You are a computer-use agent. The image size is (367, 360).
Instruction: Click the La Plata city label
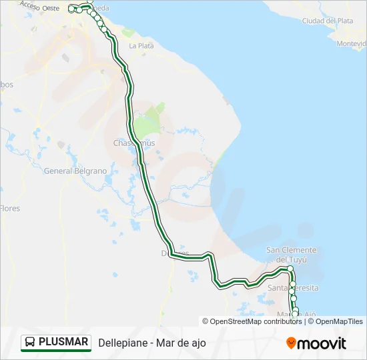coord(141,46)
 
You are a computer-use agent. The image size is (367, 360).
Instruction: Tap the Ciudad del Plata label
coord(328,21)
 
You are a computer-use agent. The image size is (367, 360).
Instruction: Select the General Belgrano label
coord(75,171)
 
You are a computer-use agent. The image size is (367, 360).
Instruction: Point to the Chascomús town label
coord(127,143)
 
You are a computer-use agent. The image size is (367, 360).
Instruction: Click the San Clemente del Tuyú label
coord(292,254)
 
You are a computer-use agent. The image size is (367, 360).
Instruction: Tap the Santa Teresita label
coord(294,287)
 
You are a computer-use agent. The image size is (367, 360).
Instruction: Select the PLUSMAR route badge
coord(56,342)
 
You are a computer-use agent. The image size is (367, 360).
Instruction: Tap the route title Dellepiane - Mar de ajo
coord(152,343)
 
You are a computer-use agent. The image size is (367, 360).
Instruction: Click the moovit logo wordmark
coord(322,343)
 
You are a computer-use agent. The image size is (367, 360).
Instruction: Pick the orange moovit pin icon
coord(291,343)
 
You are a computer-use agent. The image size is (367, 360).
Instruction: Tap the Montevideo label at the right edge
coord(352,43)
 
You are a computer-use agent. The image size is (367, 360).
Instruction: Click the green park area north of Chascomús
coord(148,123)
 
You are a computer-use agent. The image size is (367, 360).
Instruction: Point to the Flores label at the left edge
coord(10,208)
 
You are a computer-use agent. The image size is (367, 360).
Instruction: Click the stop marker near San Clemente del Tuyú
coord(290,269)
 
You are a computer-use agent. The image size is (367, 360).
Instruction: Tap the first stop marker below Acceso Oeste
coord(71,9)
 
